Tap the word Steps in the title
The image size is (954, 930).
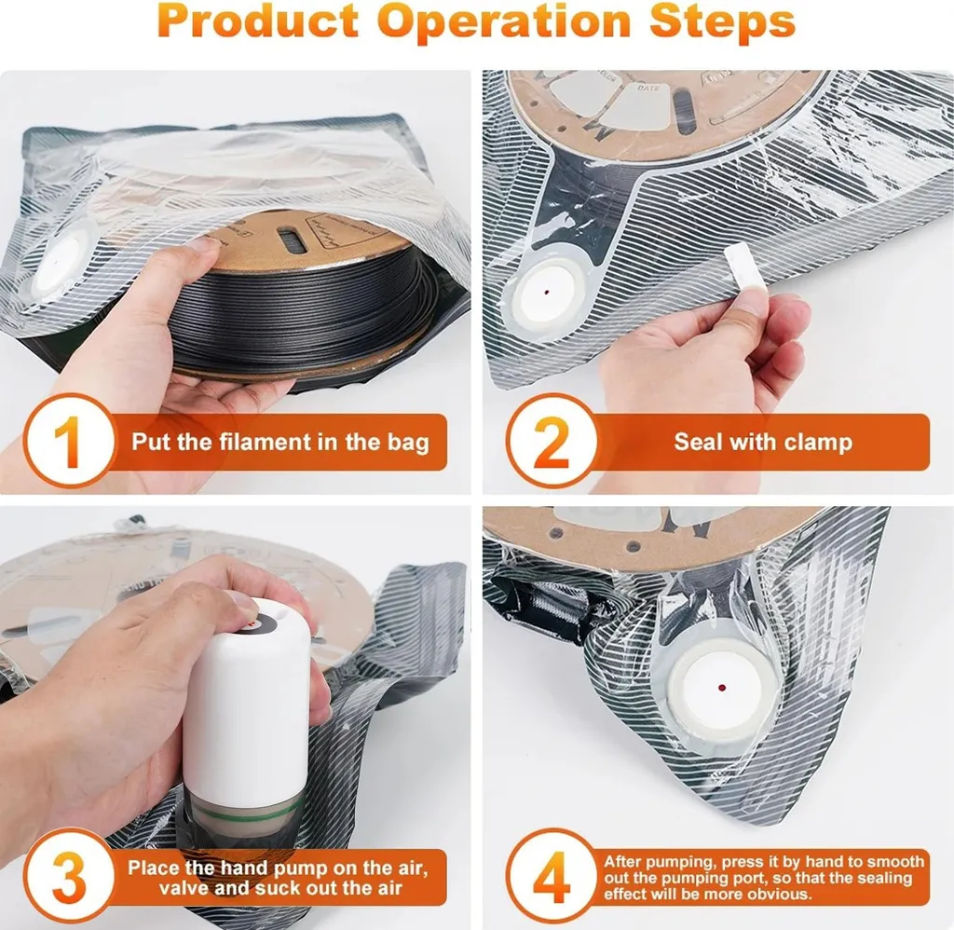click(x=722, y=21)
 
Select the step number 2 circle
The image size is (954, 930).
click(x=552, y=441)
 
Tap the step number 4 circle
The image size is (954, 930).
click(x=552, y=876)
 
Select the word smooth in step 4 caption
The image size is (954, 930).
click(x=895, y=862)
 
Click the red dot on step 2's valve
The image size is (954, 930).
click(x=546, y=293)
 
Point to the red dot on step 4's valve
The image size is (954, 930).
click(x=722, y=688)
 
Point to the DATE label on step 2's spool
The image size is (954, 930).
click(x=647, y=89)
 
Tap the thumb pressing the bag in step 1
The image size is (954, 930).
click(x=196, y=250)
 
